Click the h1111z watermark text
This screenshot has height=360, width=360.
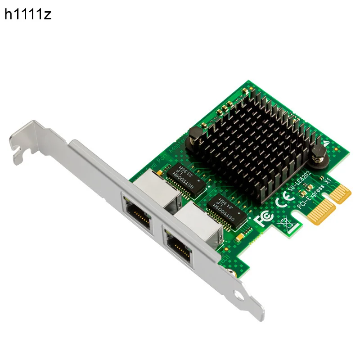pos(28,15)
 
